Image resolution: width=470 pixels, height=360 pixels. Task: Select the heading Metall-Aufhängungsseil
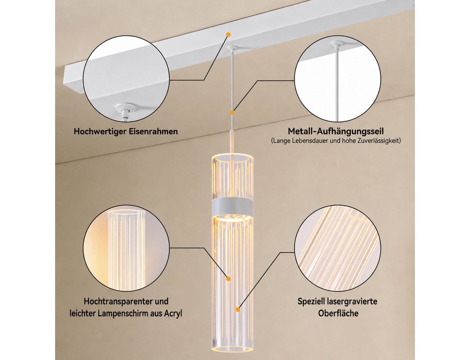click(336, 132)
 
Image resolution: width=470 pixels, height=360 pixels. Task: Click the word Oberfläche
click(338, 313)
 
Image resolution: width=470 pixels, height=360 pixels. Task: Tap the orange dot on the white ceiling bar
click(228, 34)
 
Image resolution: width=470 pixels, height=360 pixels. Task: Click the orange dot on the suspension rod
click(232, 112)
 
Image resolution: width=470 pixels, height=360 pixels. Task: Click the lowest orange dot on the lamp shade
click(238, 310)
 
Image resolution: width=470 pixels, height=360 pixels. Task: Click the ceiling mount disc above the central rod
click(232, 49)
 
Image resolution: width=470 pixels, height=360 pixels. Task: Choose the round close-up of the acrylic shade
click(127, 248)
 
